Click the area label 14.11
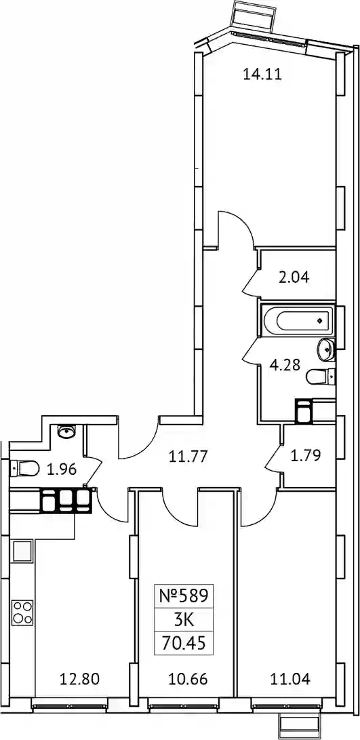click(262, 74)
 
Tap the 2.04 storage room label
click(294, 277)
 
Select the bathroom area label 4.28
click(285, 366)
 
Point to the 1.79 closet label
click(306, 455)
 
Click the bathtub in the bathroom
click(297, 321)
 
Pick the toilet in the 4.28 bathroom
click(321, 376)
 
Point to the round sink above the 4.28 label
click(326, 348)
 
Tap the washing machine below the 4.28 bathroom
click(303, 410)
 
